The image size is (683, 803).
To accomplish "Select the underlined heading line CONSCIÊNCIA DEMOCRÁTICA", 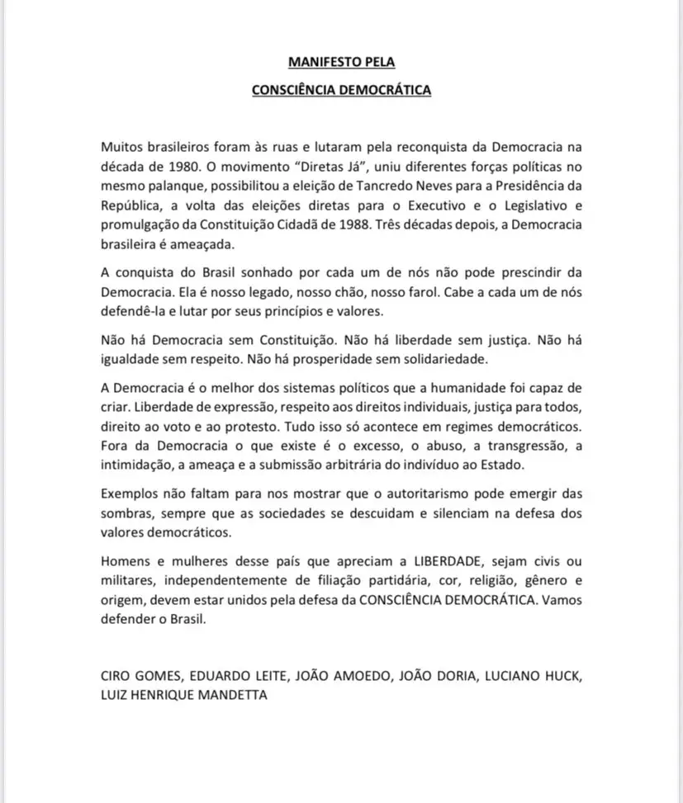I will point(341,90).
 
